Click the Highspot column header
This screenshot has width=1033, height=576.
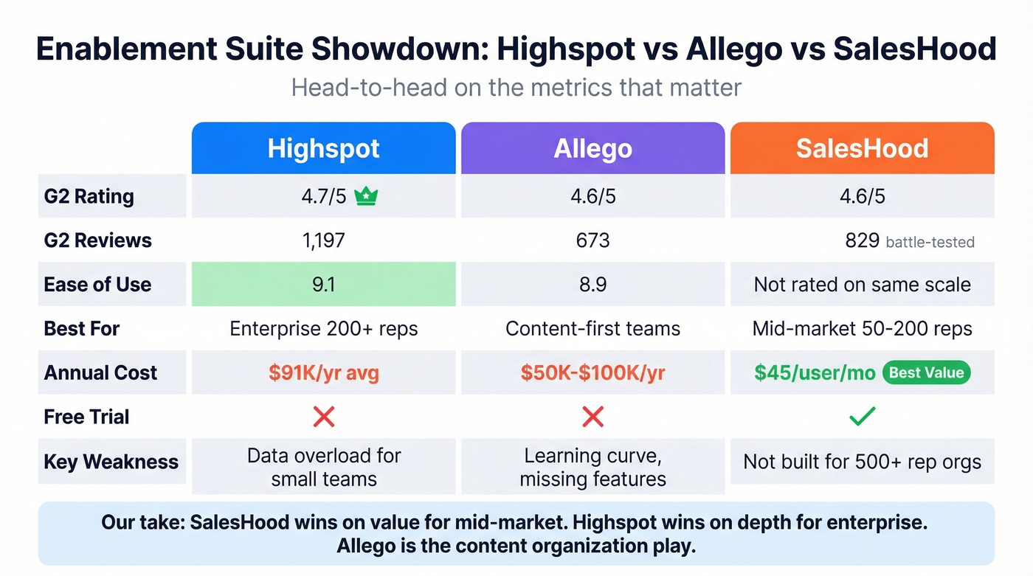pos(323,148)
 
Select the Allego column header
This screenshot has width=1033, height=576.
pos(592,148)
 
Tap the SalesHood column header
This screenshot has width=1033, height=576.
pos(862,148)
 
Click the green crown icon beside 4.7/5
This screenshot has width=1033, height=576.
pos(366,196)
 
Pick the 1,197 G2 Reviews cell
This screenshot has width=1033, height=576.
pos(323,240)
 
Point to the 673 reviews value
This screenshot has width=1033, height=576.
pos(592,240)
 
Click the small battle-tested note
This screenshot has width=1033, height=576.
pos(930,242)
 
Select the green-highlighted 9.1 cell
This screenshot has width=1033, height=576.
pos(323,285)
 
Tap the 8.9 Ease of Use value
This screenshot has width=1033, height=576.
pos(592,285)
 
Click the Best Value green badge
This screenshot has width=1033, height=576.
pos(926,372)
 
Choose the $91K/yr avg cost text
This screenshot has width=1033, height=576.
pos(323,373)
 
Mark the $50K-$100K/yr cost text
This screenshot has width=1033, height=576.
pos(592,373)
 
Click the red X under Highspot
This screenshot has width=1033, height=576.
pos(323,417)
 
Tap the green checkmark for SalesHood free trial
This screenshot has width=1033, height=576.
pos(862,417)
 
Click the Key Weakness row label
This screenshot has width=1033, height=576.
pos(111,462)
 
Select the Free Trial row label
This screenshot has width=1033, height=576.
pos(86,417)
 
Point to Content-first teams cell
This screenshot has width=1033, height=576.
pos(592,329)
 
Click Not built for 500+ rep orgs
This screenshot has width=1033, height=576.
pos(862,462)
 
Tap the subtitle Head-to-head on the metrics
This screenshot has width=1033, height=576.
pos(516,88)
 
